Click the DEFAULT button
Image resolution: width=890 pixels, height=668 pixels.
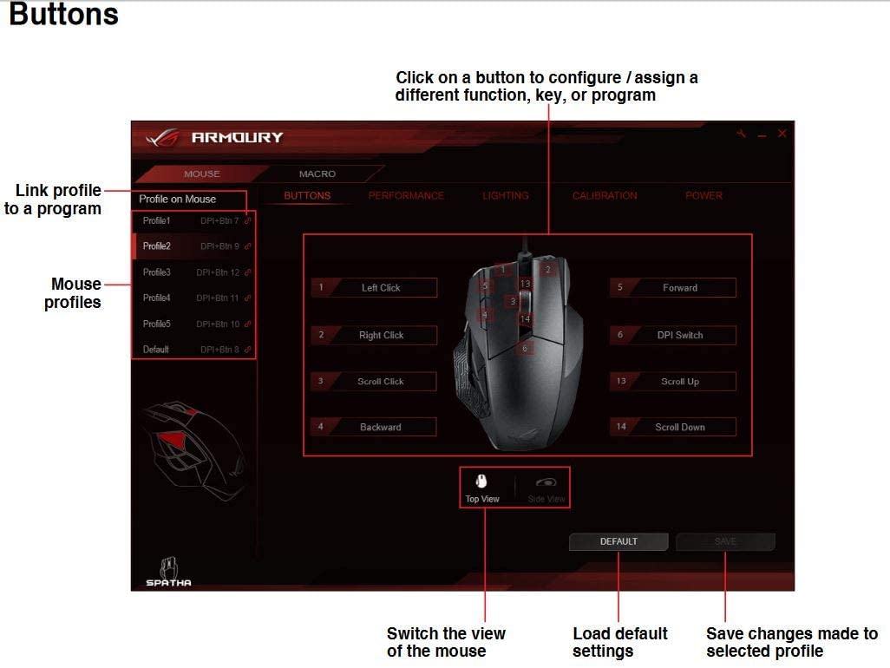pyautogui.click(x=618, y=541)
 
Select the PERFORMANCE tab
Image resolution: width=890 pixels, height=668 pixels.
pyautogui.click(x=406, y=196)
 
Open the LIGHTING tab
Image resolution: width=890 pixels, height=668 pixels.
pyautogui.click(x=505, y=196)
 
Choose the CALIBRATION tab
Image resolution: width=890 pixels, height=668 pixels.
pyautogui.click(x=605, y=196)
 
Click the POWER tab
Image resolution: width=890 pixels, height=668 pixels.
pyautogui.click(x=703, y=196)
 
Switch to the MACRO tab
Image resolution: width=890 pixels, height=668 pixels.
pyautogui.click(x=317, y=174)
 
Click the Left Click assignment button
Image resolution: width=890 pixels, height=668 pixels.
pyautogui.click(x=381, y=288)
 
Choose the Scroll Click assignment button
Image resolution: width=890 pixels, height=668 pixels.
pyautogui.click(x=381, y=382)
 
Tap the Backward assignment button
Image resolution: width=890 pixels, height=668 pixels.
pyautogui.click(x=381, y=428)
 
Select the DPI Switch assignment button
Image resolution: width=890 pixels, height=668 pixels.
pyautogui.click(x=680, y=335)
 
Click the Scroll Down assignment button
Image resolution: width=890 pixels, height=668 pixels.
pyautogui.click(x=680, y=428)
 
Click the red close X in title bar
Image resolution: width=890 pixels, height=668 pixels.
pyautogui.click(x=782, y=134)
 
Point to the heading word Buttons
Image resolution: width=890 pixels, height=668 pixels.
pyautogui.click(x=63, y=16)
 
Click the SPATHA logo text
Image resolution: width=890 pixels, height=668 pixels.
pyautogui.click(x=168, y=582)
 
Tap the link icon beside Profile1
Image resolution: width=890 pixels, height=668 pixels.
pyautogui.click(x=248, y=221)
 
